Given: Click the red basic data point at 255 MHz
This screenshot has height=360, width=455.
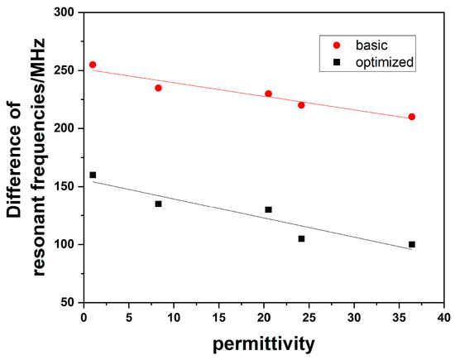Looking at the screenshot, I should [93, 65].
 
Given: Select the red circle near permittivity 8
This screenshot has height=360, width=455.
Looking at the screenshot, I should [158, 88].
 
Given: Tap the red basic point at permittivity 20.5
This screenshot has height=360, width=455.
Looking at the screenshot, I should [268, 94].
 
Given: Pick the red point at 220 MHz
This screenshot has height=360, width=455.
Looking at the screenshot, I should [301, 105].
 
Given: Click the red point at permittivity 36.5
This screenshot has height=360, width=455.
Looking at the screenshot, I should [411, 117].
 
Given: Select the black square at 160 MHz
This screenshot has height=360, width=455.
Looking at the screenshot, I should [93, 175].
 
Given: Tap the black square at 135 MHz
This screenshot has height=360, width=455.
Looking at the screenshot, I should [158, 204].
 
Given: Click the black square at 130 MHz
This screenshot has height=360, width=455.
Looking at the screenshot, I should [268, 209].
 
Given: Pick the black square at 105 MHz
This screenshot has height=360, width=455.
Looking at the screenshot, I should [301, 238].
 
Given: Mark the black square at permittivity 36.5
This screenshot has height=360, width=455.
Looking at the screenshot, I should [411, 244].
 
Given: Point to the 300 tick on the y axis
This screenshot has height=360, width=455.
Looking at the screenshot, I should [65, 13].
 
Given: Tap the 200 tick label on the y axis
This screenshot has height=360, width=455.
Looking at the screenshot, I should [65, 129].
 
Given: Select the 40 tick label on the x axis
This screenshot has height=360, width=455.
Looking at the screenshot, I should [443, 318].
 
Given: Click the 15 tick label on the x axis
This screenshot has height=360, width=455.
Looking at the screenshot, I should [218, 318].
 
